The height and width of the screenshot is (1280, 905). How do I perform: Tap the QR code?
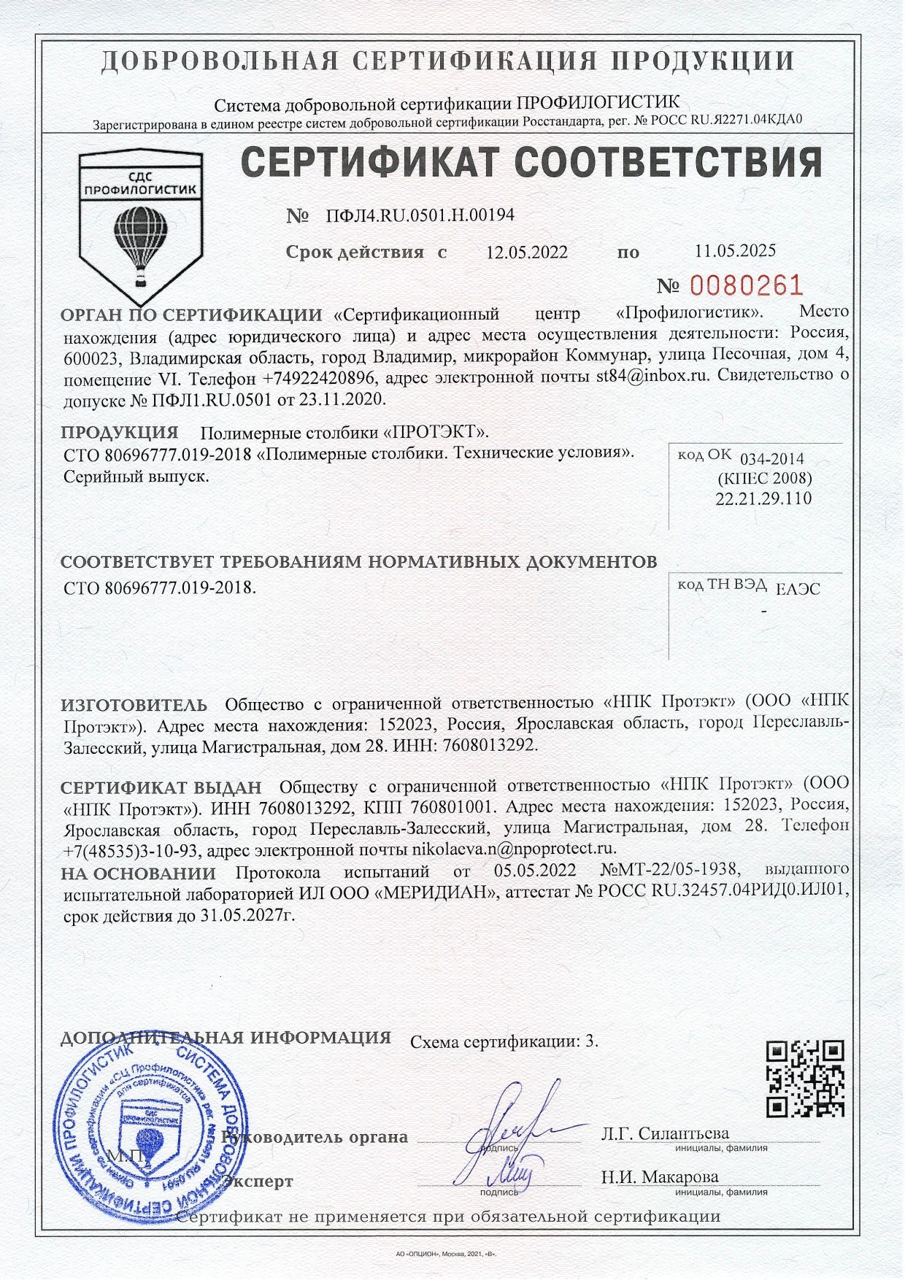807,1079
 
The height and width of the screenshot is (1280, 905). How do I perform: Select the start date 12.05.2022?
526,252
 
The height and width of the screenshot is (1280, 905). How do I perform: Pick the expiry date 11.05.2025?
734,250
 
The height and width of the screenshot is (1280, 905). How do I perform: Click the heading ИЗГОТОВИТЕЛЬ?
134,706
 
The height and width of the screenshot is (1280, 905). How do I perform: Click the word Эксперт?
258,1181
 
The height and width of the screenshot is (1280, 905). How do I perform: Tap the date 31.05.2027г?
246,914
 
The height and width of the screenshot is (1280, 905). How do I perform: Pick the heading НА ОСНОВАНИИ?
138,874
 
